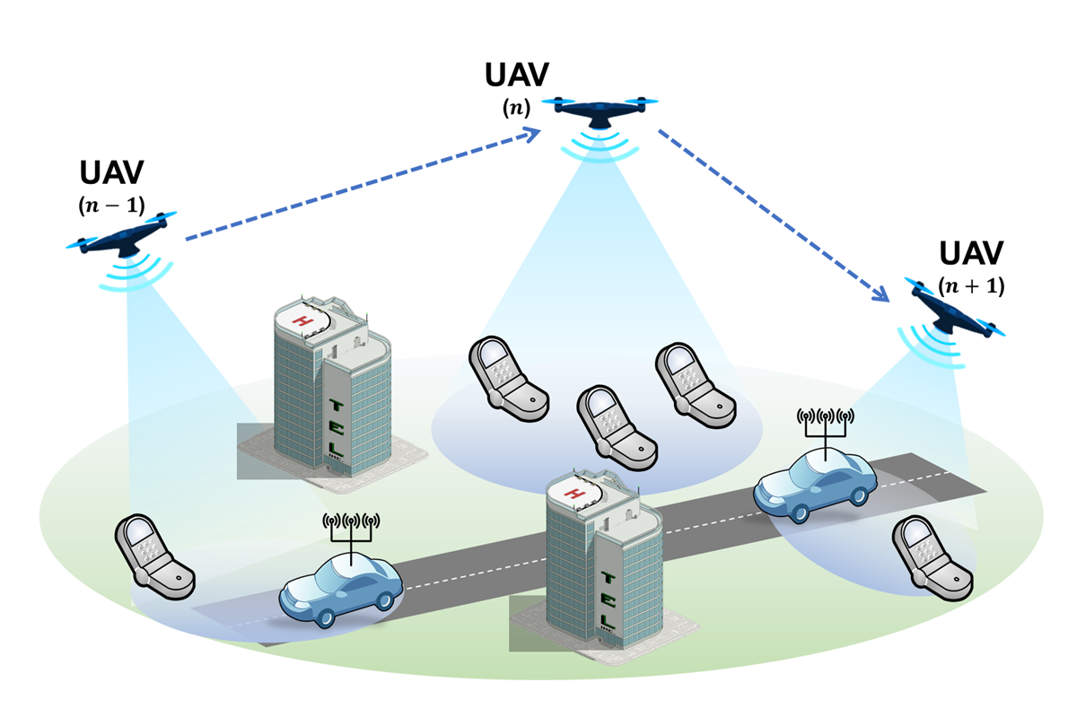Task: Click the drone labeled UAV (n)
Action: [x=599, y=111]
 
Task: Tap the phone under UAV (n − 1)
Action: [x=153, y=556]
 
